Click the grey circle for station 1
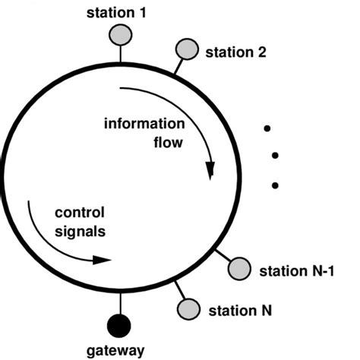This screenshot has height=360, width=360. point(119,34)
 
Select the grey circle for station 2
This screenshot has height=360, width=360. point(186,49)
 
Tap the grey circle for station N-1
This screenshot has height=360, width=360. point(239,268)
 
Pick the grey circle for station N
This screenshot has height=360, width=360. point(188,308)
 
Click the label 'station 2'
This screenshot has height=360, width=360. point(235,53)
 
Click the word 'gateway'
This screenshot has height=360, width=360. point(118,351)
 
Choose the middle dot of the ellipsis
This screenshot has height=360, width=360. point(274,156)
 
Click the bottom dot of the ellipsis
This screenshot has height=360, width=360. point(274,185)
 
